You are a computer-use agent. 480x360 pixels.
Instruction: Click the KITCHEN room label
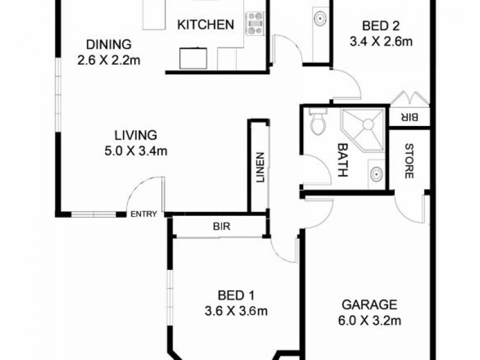(205, 25)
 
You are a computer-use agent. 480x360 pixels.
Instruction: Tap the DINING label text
(109, 44)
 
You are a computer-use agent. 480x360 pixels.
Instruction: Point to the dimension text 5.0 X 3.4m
(135, 151)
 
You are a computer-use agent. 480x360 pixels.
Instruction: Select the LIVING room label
(136, 135)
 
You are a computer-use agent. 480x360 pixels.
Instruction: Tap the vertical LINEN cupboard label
(260, 168)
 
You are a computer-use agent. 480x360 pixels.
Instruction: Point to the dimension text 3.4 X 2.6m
(382, 42)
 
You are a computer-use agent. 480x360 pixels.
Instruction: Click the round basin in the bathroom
(376, 175)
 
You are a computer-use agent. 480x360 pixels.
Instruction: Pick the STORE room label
(408, 161)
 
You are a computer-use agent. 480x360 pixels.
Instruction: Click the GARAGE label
(369, 304)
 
